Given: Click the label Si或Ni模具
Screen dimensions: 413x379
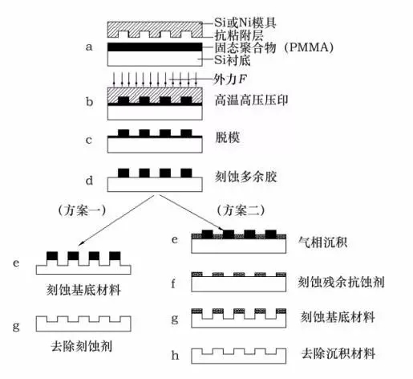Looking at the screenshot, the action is coord(245,22).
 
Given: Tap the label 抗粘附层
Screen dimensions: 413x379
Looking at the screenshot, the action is coord(239,35).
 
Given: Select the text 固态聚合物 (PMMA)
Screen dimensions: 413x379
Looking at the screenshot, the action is coord(274,48).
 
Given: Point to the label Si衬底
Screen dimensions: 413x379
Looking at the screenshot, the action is coord(233,60).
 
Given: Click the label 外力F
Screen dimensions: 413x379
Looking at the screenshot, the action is coord(229,79).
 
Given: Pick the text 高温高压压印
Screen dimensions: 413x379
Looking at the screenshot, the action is coord(252,100).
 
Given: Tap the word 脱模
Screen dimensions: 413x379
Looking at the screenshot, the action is coord(228,137).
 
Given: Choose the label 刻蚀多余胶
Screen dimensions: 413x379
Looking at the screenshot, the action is coord(245,177).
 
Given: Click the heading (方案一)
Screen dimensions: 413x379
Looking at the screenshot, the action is coord(82,210).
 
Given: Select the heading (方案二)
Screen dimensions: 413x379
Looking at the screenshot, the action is coord(241,210).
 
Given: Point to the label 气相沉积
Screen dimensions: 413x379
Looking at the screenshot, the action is coord(322,242).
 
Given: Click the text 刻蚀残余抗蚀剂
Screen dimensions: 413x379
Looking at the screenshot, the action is coord(341,282).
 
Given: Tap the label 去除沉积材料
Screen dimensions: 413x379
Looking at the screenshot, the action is coord(338,353).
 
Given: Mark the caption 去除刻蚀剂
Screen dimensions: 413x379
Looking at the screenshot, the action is coord(82,346).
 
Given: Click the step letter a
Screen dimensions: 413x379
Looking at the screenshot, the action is coord(89,47).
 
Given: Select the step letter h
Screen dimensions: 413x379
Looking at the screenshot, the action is coord(175,355).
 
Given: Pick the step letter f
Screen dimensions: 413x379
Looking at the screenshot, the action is coord(173,283).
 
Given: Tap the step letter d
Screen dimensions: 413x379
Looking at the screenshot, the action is coord(89,180).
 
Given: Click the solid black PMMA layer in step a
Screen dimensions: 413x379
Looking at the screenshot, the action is coord(155,47).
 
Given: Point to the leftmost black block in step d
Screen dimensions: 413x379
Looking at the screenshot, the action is coord(123,173).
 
